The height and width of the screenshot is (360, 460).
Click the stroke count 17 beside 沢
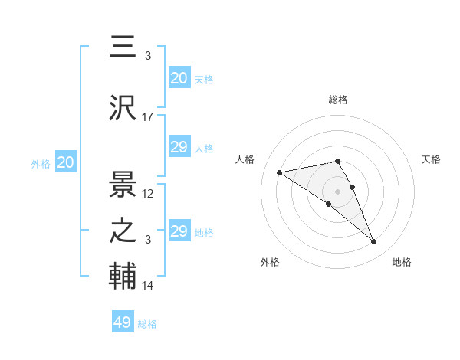(x=148, y=117)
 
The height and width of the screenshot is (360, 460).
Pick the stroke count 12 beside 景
(x=148, y=194)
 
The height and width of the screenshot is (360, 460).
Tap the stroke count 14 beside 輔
(x=148, y=286)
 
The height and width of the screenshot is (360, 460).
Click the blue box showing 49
(x=123, y=322)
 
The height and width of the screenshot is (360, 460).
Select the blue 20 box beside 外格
(x=65, y=162)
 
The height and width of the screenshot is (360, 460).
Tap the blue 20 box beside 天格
(x=179, y=78)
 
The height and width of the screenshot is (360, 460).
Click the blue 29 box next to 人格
(x=179, y=147)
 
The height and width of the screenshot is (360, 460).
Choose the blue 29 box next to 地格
(x=179, y=231)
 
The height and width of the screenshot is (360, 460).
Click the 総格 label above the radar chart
(x=338, y=100)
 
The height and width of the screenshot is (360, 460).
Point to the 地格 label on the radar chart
(x=402, y=262)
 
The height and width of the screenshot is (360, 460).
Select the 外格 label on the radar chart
(x=270, y=262)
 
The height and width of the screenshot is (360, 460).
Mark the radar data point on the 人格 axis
(x=279, y=172)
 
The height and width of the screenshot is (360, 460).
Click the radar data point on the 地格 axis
(x=374, y=242)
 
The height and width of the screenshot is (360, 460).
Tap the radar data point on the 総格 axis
(x=338, y=161)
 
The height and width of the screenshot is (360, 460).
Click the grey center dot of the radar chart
(x=338, y=191)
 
